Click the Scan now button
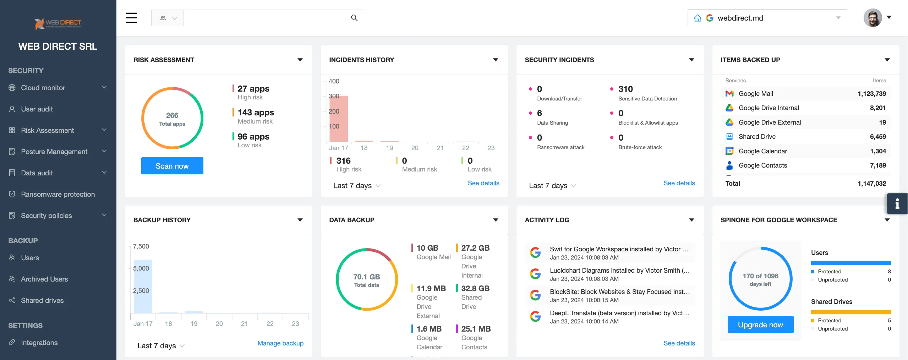(x=172, y=166)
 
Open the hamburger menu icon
(x=131, y=18)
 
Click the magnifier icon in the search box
(x=354, y=18)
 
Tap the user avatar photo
(x=873, y=18)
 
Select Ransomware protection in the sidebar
(x=58, y=194)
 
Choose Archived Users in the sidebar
(x=44, y=279)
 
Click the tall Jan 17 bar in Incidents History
(x=338, y=119)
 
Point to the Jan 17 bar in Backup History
(x=143, y=287)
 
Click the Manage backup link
(x=280, y=343)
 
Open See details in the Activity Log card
(x=679, y=343)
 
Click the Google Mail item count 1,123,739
(x=871, y=94)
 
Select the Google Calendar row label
(x=762, y=151)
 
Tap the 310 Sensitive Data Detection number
(x=625, y=89)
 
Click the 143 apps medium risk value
(x=256, y=113)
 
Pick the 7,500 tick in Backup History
(x=141, y=246)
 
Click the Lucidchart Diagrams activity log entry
(x=619, y=274)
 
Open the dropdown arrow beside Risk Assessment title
(x=300, y=60)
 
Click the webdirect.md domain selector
(x=767, y=18)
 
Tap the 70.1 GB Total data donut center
(x=366, y=280)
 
